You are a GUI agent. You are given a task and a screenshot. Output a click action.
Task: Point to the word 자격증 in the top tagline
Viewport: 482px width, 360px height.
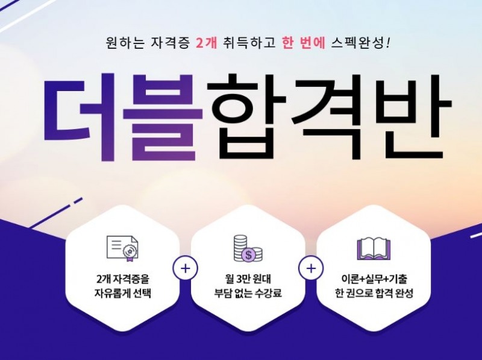(170, 44)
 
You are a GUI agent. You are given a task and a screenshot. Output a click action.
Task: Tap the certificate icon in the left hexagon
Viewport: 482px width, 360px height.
(123, 247)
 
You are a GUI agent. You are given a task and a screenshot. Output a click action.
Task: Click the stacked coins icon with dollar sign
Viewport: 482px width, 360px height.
(248, 247)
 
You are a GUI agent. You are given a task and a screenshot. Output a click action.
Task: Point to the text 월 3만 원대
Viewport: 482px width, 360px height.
(248, 280)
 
